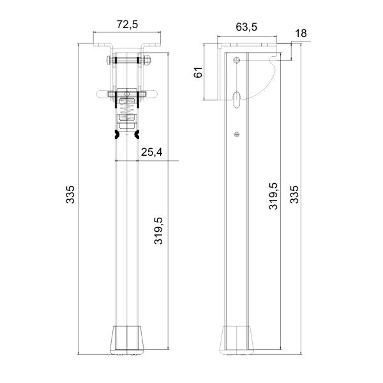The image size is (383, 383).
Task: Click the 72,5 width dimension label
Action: point(127,24)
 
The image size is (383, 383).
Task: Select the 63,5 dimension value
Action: point(246,27)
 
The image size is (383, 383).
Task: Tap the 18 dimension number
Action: point(301,33)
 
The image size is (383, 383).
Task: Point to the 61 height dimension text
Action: point(198,72)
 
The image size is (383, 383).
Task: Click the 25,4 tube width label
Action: point(152,152)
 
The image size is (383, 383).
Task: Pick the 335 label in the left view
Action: point(70,195)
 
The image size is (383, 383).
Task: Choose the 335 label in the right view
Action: point(294,195)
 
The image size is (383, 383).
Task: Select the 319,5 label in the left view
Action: point(158,230)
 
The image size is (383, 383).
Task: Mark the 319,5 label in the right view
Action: point(273,196)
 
